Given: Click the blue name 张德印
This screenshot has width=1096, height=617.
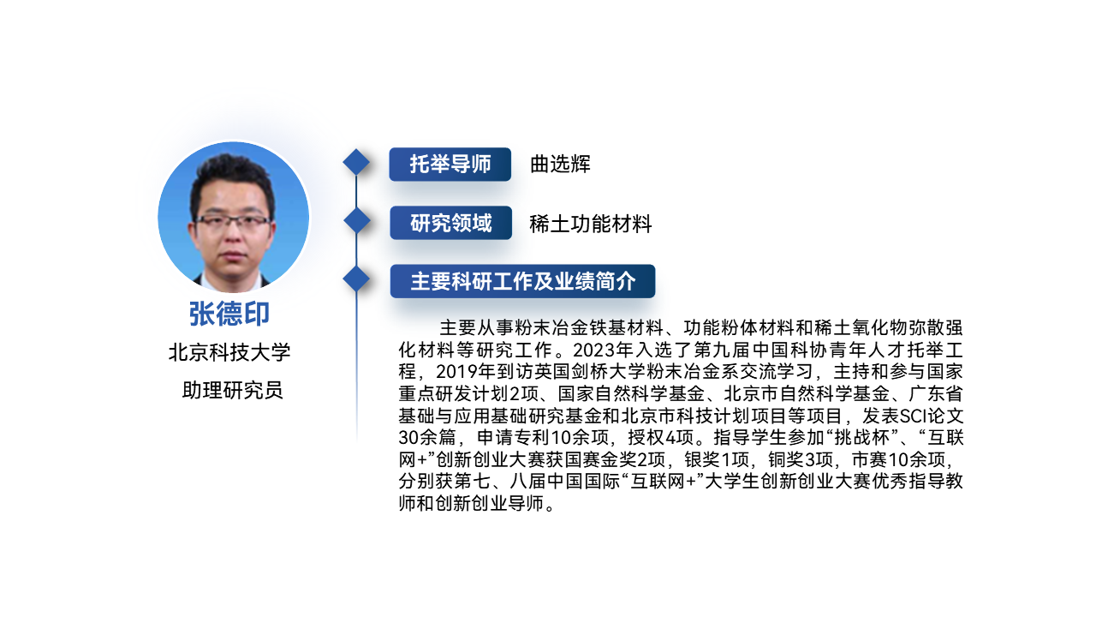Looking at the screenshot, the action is [x=229, y=314].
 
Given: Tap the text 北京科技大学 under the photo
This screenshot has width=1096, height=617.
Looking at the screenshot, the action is [x=229, y=352].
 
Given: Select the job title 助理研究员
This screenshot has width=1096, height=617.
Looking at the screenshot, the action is [x=232, y=390].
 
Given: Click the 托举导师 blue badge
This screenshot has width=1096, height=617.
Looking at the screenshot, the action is [x=450, y=164].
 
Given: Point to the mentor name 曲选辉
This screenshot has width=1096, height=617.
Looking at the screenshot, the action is [x=560, y=164].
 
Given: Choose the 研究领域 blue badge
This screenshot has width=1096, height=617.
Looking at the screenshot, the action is [x=450, y=223].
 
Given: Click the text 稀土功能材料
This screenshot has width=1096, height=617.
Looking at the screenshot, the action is [x=591, y=224].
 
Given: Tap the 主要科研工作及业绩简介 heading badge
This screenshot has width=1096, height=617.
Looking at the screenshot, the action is [x=522, y=281].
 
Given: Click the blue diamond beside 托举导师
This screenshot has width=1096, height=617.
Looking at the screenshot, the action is [x=356, y=162].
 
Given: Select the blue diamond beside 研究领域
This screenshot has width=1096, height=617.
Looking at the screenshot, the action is [x=357, y=220].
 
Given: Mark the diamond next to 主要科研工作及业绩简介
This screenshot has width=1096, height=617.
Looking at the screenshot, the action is [x=356, y=279].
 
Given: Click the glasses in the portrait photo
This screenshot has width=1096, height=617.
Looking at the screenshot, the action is [x=233, y=223].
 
